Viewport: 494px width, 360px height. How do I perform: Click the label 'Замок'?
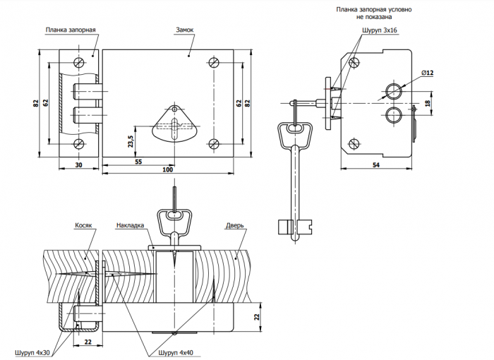[185, 30]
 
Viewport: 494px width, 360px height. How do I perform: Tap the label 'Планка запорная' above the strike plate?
[71, 30]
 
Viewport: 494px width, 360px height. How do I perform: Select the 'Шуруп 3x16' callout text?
[380, 30]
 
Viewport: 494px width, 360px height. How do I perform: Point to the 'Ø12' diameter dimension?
[427, 73]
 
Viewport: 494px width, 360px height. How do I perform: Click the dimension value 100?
[168, 169]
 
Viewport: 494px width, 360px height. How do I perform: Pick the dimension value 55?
[138, 162]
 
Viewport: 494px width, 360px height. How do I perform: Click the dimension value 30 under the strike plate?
[79, 164]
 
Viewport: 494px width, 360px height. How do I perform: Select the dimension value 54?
[376, 165]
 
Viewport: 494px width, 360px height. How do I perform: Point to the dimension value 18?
[428, 103]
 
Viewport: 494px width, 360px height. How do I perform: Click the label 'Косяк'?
[83, 225]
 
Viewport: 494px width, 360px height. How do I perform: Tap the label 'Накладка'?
[130, 225]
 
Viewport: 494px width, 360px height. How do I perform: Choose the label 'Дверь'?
[235, 225]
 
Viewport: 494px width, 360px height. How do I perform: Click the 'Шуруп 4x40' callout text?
[176, 353]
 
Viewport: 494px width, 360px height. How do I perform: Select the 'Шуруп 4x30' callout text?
[32, 353]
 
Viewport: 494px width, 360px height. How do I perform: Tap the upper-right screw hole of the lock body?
[215, 62]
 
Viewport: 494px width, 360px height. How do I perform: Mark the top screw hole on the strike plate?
[79, 62]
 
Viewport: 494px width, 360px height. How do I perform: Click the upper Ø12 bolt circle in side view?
[394, 92]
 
